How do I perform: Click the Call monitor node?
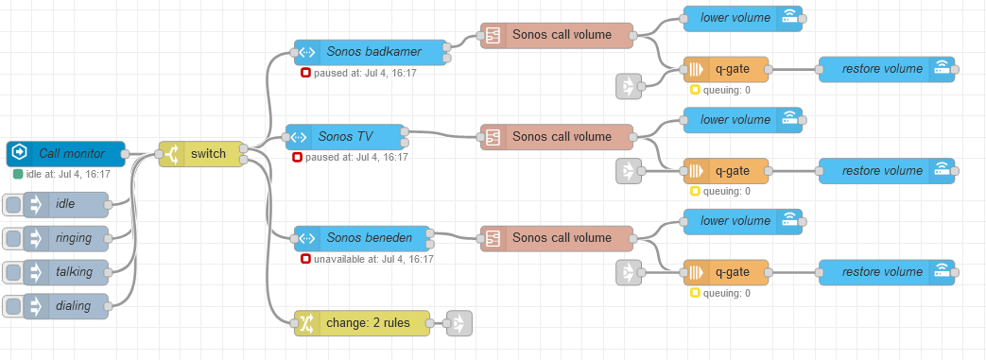66,154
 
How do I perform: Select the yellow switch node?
200,154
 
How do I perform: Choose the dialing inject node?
65,306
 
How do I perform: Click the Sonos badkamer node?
370,52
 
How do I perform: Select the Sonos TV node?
345,137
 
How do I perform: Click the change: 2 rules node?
362,323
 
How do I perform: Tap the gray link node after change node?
459,323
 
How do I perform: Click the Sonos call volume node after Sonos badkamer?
557,35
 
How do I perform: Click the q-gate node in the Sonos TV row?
726,171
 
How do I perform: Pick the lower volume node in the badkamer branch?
743,18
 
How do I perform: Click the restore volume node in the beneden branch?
887,273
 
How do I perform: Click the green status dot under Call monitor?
18,174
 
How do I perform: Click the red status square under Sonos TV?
298,157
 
